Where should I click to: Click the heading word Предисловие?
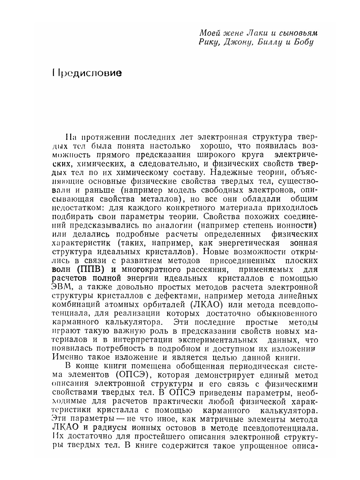(87, 73)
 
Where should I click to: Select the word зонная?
(303, 243)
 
